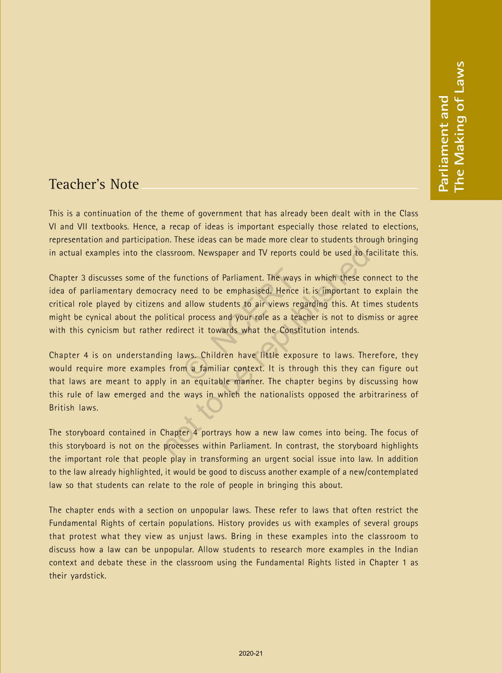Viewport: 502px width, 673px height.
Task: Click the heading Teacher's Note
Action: pyautogui.click(x=94, y=184)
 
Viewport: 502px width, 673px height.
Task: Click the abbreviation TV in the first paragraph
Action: pyautogui.click(x=262, y=253)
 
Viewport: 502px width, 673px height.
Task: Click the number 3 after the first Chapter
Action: pyautogui.click(x=83, y=278)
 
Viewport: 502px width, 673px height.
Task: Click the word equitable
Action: pyautogui.click(x=212, y=382)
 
